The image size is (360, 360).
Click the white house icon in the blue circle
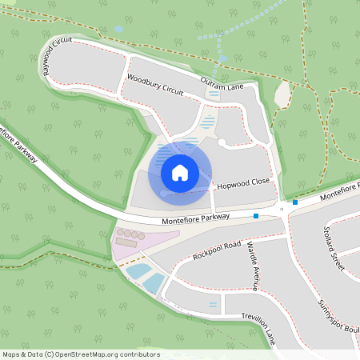[x=180, y=172]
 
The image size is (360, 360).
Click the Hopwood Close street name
[x=244, y=182]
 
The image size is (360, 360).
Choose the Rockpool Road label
[x=216, y=251]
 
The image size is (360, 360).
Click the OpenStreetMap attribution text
[x=81, y=354]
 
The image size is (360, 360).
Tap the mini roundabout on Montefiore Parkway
[x=282, y=210]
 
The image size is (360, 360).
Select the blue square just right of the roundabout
[x=295, y=202]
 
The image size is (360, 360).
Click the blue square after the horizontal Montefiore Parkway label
[x=256, y=216]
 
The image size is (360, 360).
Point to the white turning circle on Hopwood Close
[x=222, y=142]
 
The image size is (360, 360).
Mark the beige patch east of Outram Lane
[x=282, y=94]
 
